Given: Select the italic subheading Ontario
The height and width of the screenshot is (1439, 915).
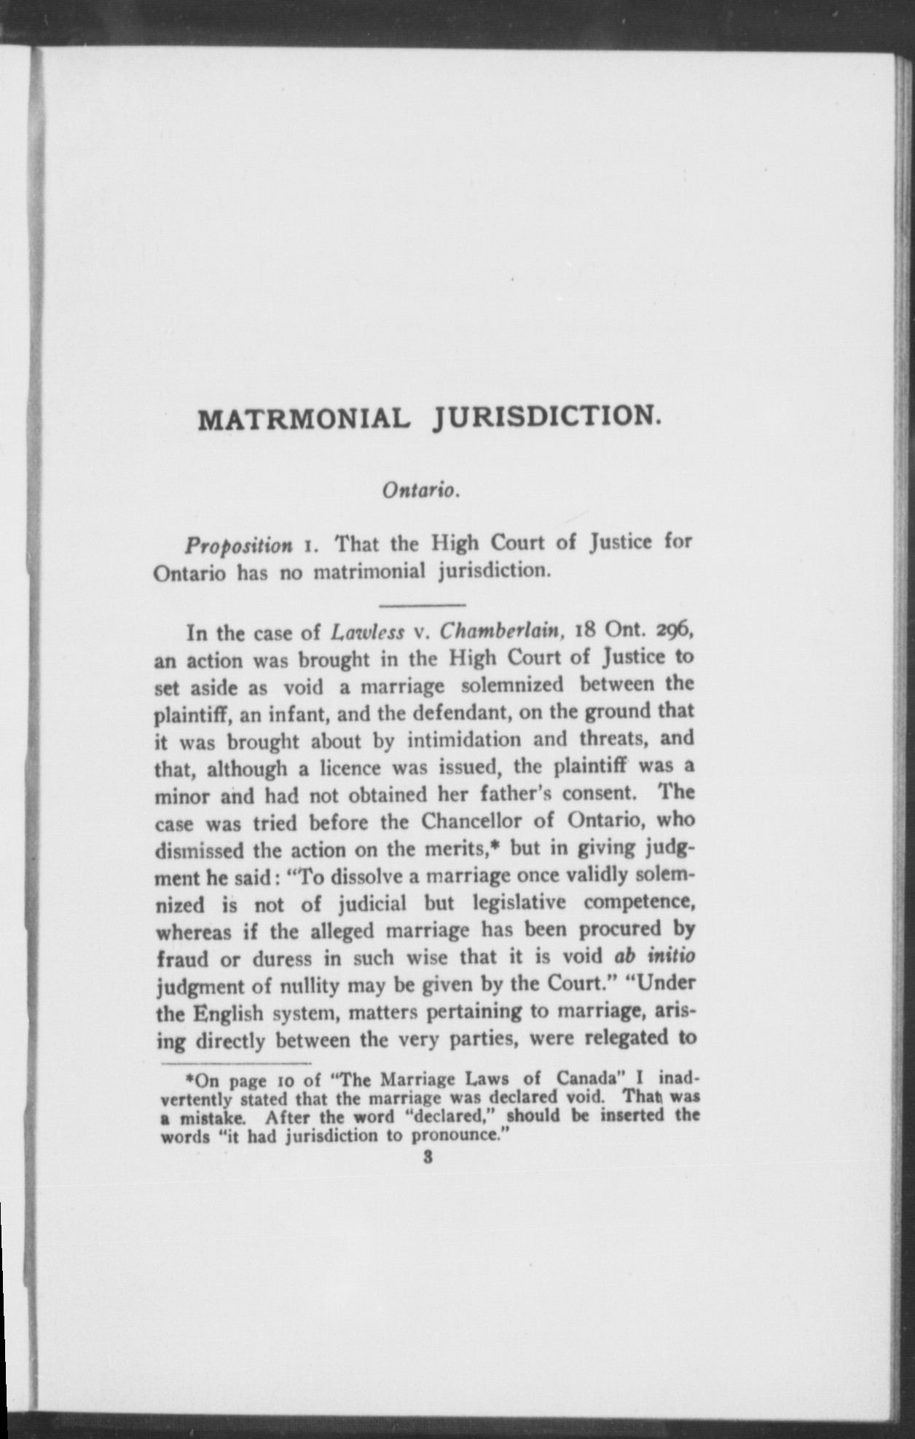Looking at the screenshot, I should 420,491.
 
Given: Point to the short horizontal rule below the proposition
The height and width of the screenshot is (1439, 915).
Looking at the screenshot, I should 423,604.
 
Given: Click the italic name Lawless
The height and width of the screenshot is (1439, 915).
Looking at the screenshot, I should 367,631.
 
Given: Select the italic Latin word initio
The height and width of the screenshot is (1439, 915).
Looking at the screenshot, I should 664,957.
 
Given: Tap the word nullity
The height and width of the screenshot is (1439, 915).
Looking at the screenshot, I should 309,986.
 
